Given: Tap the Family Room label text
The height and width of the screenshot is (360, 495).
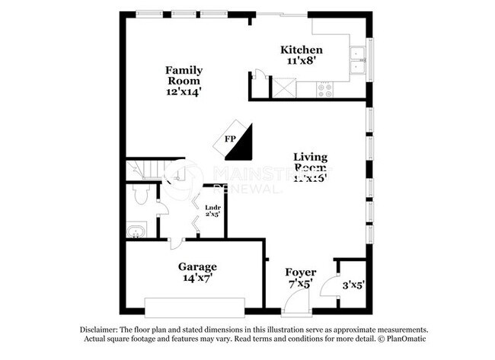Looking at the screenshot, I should [184, 75].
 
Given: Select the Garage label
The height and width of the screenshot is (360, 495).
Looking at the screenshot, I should [197, 267].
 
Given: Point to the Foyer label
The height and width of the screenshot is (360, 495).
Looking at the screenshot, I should [301, 272].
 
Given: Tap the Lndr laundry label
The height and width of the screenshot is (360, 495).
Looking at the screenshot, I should [212, 206].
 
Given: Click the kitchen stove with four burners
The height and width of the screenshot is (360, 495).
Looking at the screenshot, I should [325, 90].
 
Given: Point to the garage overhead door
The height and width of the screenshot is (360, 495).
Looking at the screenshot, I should [194, 308].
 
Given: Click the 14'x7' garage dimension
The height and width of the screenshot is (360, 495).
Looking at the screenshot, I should [197, 279].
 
